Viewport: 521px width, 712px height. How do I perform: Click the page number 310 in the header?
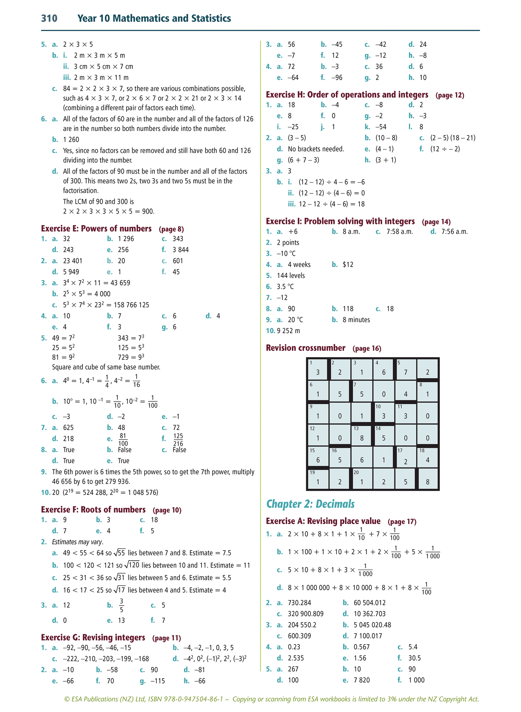click(49, 18)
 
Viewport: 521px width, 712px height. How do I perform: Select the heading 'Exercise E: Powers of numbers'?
click(96, 229)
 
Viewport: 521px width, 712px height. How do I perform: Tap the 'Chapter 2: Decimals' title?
click(310, 504)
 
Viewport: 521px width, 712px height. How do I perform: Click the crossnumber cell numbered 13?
click(362, 435)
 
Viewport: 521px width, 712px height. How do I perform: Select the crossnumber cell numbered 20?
click(362, 479)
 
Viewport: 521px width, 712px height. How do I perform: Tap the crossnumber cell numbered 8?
click(428, 391)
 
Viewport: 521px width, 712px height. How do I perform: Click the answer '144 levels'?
click(291, 276)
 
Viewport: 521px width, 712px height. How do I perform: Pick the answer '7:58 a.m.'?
click(399, 232)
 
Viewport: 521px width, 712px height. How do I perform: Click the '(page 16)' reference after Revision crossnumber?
click(367, 349)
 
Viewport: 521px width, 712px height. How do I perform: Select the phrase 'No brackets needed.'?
click(316, 149)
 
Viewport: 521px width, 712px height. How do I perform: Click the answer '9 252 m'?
click(288, 331)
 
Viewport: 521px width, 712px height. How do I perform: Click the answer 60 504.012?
click(370, 603)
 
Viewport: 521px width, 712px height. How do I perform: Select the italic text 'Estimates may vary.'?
click(78, 542)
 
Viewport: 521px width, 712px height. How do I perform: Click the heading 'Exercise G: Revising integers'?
click(93, 638)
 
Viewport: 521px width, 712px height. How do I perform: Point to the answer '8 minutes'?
click(356, 320)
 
